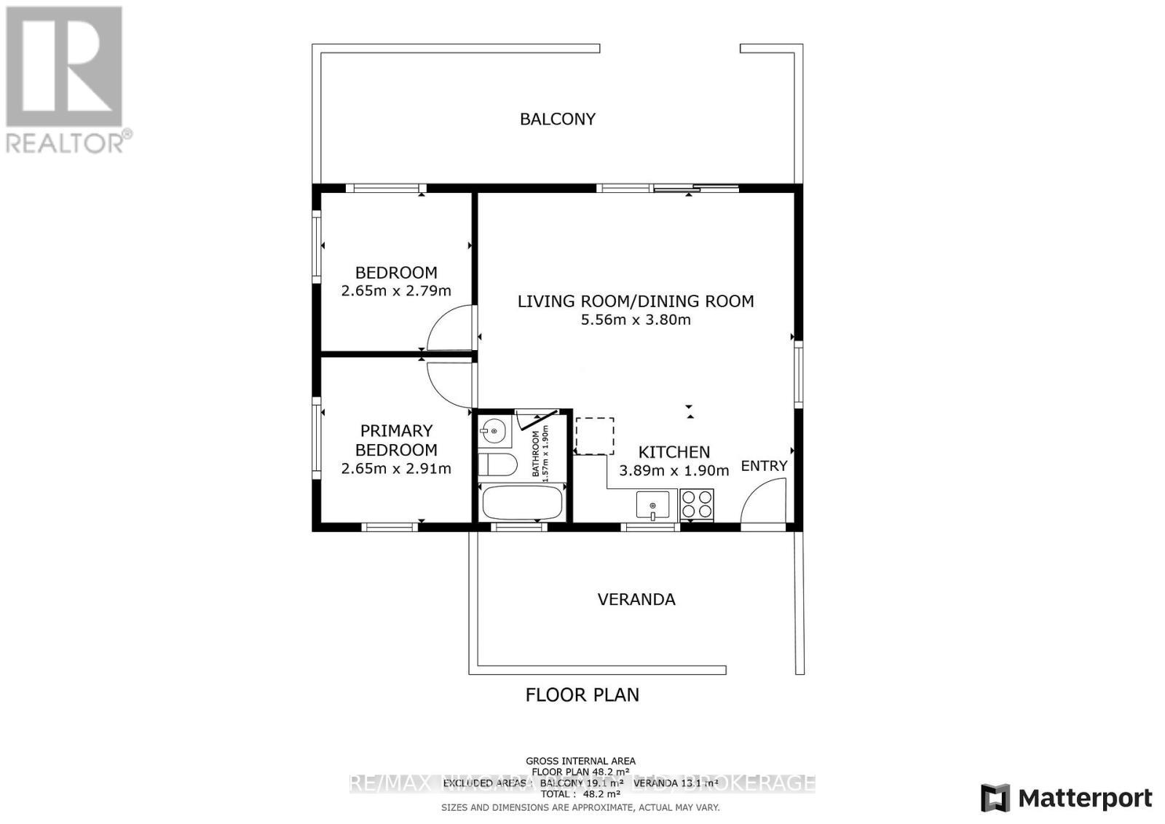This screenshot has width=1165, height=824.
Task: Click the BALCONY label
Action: tap(557, 119)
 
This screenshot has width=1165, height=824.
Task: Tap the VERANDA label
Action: tap(636, 599)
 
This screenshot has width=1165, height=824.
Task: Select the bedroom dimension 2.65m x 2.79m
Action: tap(396, 291)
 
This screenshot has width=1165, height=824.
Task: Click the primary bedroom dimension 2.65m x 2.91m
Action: tap(396, 469)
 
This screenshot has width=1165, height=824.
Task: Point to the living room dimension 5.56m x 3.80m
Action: tap(635, 320)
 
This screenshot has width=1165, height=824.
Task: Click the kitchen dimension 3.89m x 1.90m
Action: tap(674, 471)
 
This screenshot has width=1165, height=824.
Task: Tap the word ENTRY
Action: tap(764, 466)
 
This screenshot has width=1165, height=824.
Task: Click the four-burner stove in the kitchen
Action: tap(697, 504)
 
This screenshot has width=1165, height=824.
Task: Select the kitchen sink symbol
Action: tap(653, 504)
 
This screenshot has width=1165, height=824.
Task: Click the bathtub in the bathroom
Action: tap(522, 503)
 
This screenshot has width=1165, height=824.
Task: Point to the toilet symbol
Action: tap(497, 464)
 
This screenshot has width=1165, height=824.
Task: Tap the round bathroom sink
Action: tap(494, 432)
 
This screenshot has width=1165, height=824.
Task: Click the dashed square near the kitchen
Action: tap(595, 436)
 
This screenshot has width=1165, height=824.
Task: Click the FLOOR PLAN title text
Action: tap(582, 694)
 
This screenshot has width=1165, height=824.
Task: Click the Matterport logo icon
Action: tap(995, 798)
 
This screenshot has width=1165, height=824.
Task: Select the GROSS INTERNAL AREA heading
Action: tap(580, 761)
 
